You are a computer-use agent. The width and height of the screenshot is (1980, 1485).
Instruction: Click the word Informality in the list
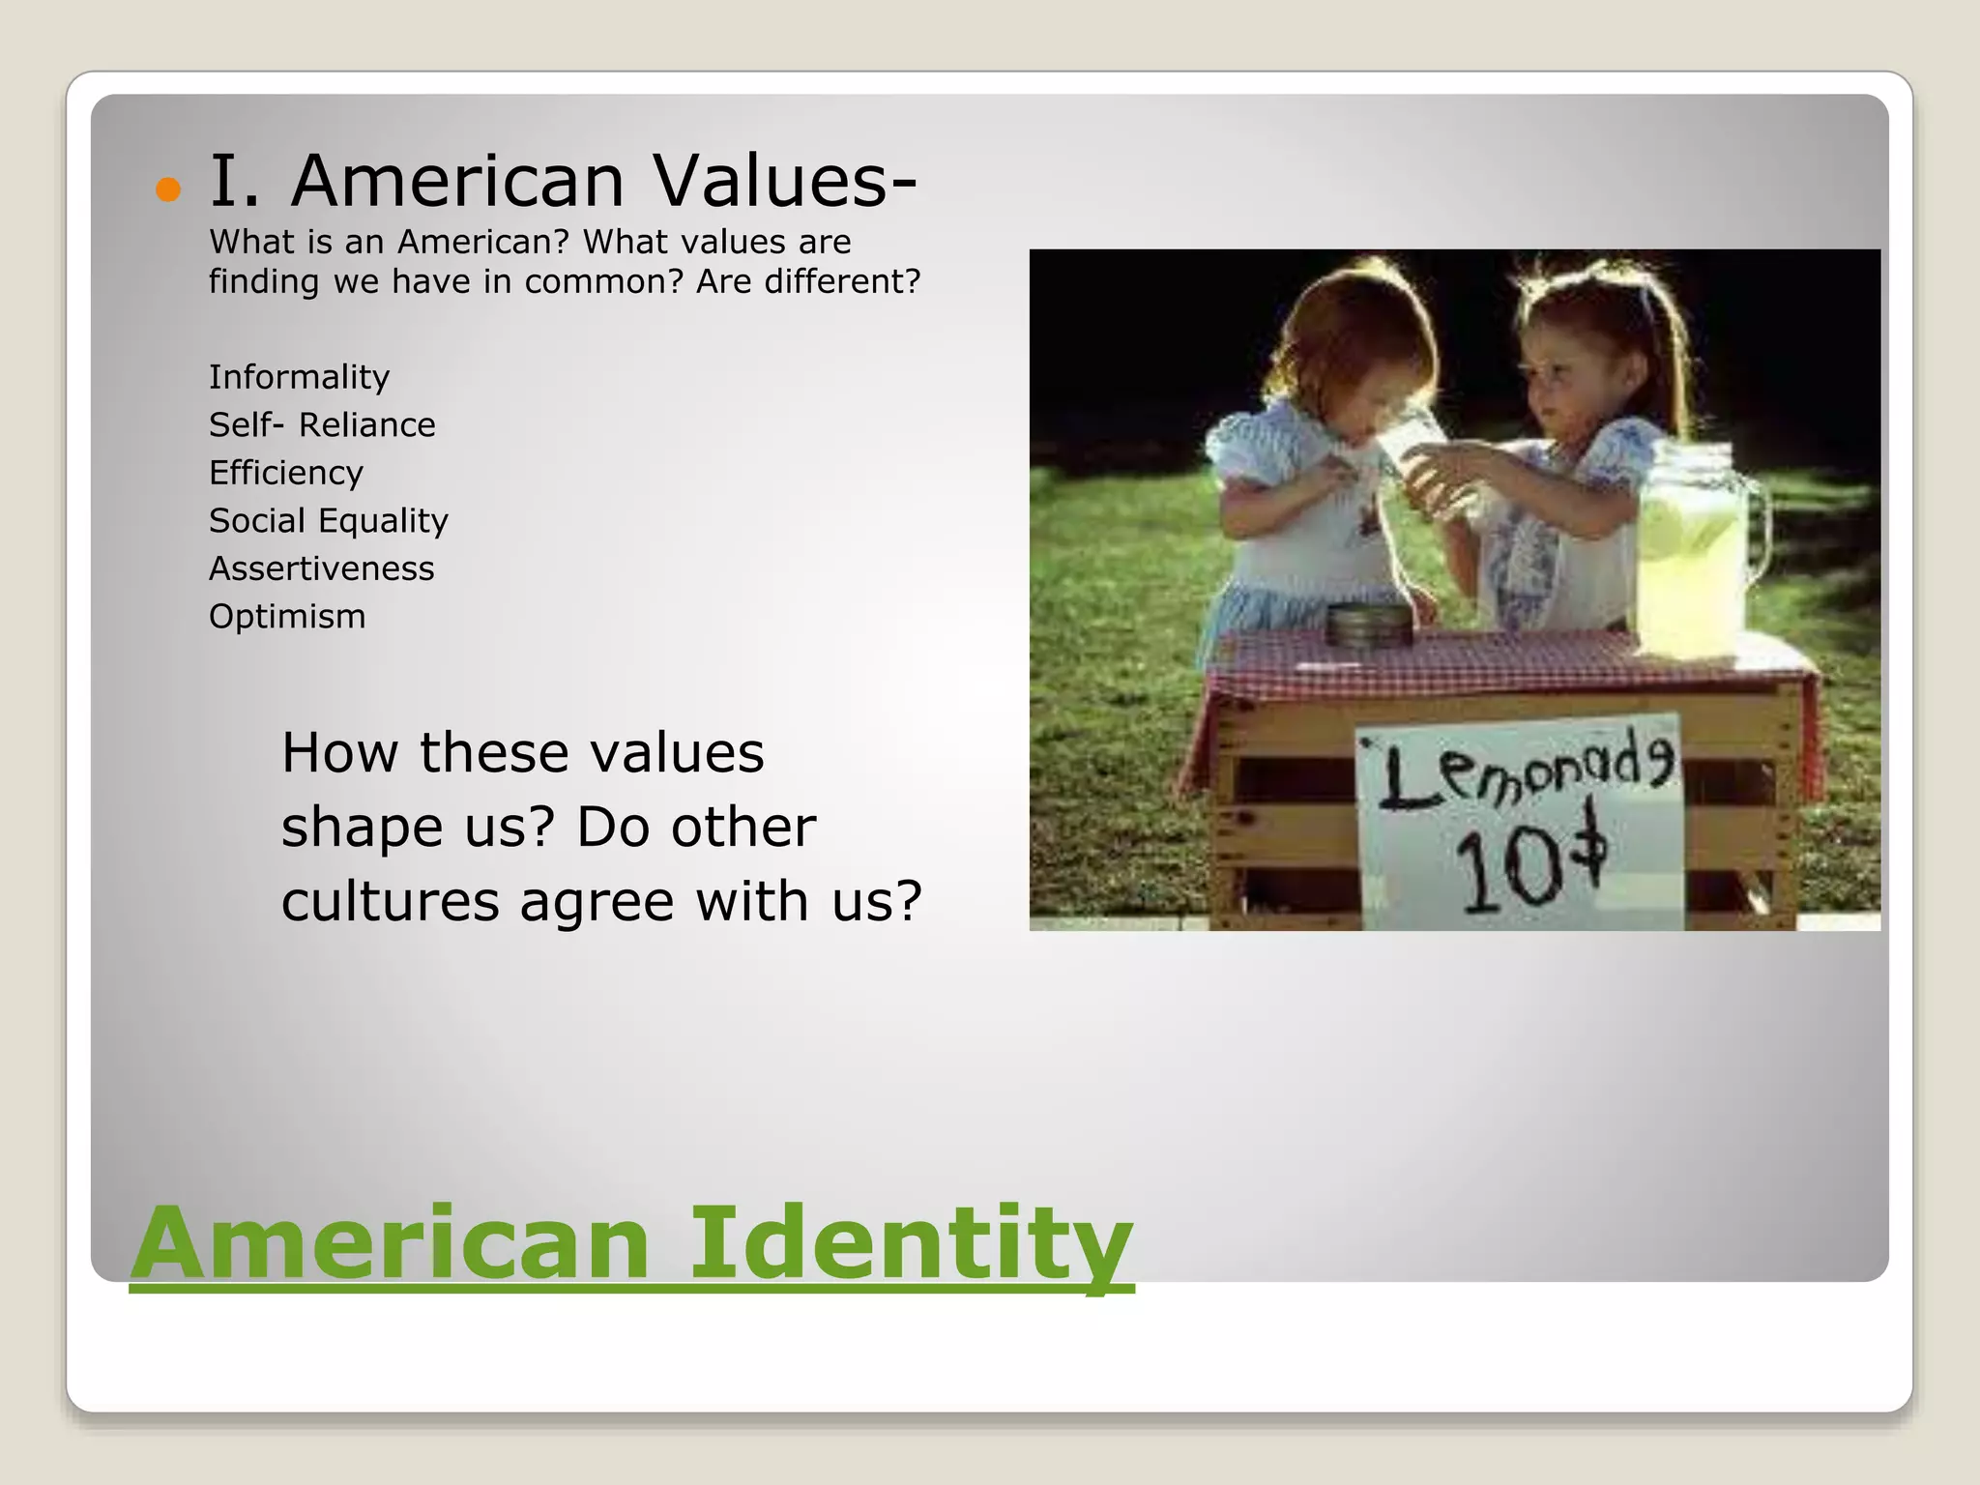(x=299, y=377)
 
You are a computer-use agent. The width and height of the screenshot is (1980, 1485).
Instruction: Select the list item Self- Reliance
(x=322, y=425)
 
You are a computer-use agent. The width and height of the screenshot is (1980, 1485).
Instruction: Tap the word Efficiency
(x=286, y=473)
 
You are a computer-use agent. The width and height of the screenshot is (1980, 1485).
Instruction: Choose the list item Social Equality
(x=329, y=521)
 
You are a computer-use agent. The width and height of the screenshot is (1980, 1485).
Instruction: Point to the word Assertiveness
(x=321, y=568)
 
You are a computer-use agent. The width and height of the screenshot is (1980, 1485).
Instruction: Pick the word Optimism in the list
(x=287, y=617)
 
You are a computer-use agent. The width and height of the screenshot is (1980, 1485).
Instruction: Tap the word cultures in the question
(x=390, y=901)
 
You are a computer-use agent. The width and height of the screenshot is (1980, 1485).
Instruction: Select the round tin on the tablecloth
(x=1369, y=626)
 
